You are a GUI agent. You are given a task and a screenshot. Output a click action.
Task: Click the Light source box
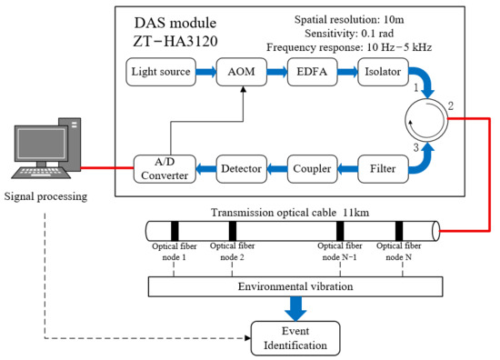coord(161,72)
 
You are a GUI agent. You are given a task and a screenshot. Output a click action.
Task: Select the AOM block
coord(242,72)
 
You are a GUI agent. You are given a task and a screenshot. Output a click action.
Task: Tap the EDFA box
coord(312,72)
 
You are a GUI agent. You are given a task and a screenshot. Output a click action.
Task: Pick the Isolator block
coord(383,72)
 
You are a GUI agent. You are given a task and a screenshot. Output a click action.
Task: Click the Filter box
coord(383,169)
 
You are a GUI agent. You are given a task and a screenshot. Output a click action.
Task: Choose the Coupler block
coord(312,169)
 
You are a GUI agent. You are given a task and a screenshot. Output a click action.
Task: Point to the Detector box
coord(242,169)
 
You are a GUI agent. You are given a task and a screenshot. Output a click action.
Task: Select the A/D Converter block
coord(165,169)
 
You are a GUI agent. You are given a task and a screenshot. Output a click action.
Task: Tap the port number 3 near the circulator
coord(415,147)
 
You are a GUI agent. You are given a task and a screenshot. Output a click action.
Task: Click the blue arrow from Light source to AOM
coord(206,72)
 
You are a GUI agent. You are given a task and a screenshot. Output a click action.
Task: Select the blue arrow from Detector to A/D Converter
coord(206,169)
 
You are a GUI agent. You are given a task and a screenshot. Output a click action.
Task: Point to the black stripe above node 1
coord(175,231)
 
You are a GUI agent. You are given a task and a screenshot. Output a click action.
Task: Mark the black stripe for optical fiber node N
coord(399,231)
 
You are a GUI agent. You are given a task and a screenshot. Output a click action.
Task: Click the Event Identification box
coord(295,338)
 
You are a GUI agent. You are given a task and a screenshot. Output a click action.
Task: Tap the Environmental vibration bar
coord(295,286)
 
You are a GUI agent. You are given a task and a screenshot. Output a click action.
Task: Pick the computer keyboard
coord(41,173)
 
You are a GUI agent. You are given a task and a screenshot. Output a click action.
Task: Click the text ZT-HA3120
coord(175,42)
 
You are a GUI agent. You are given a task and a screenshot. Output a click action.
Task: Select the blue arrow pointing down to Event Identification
coord(295,309)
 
